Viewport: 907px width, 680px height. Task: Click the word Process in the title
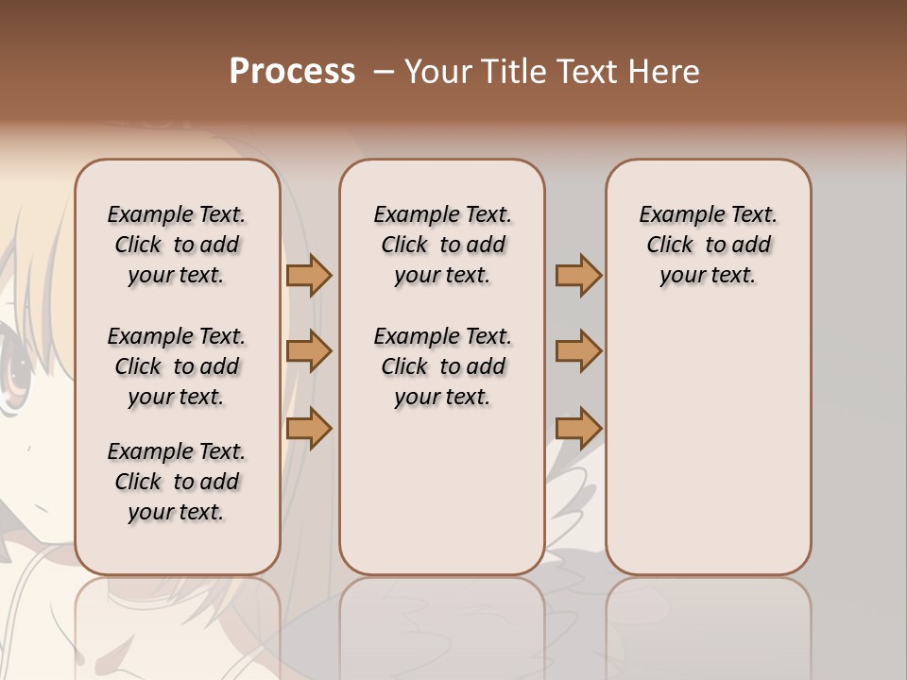[292, 72]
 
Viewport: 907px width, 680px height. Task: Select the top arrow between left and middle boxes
[309, 276]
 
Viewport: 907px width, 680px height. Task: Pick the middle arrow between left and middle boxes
[309, 351]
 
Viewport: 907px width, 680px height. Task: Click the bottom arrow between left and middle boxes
[309, 428]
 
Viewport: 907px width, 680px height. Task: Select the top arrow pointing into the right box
[578, 276]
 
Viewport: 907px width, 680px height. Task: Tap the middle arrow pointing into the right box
[578, 351]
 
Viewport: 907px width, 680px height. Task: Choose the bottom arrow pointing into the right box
[578, 428]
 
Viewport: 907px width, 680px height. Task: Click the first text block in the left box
[177, 245]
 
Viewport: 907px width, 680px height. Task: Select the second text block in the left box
[177, 366]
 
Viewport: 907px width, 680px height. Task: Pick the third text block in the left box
[177, 482]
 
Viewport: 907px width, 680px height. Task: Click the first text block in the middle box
[442, 245]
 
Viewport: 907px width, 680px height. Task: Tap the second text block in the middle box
[442, 366]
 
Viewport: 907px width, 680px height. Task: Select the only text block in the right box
[709, 245]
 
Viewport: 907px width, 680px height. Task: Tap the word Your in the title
[437, 72]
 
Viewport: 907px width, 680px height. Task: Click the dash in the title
[383, 72]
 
